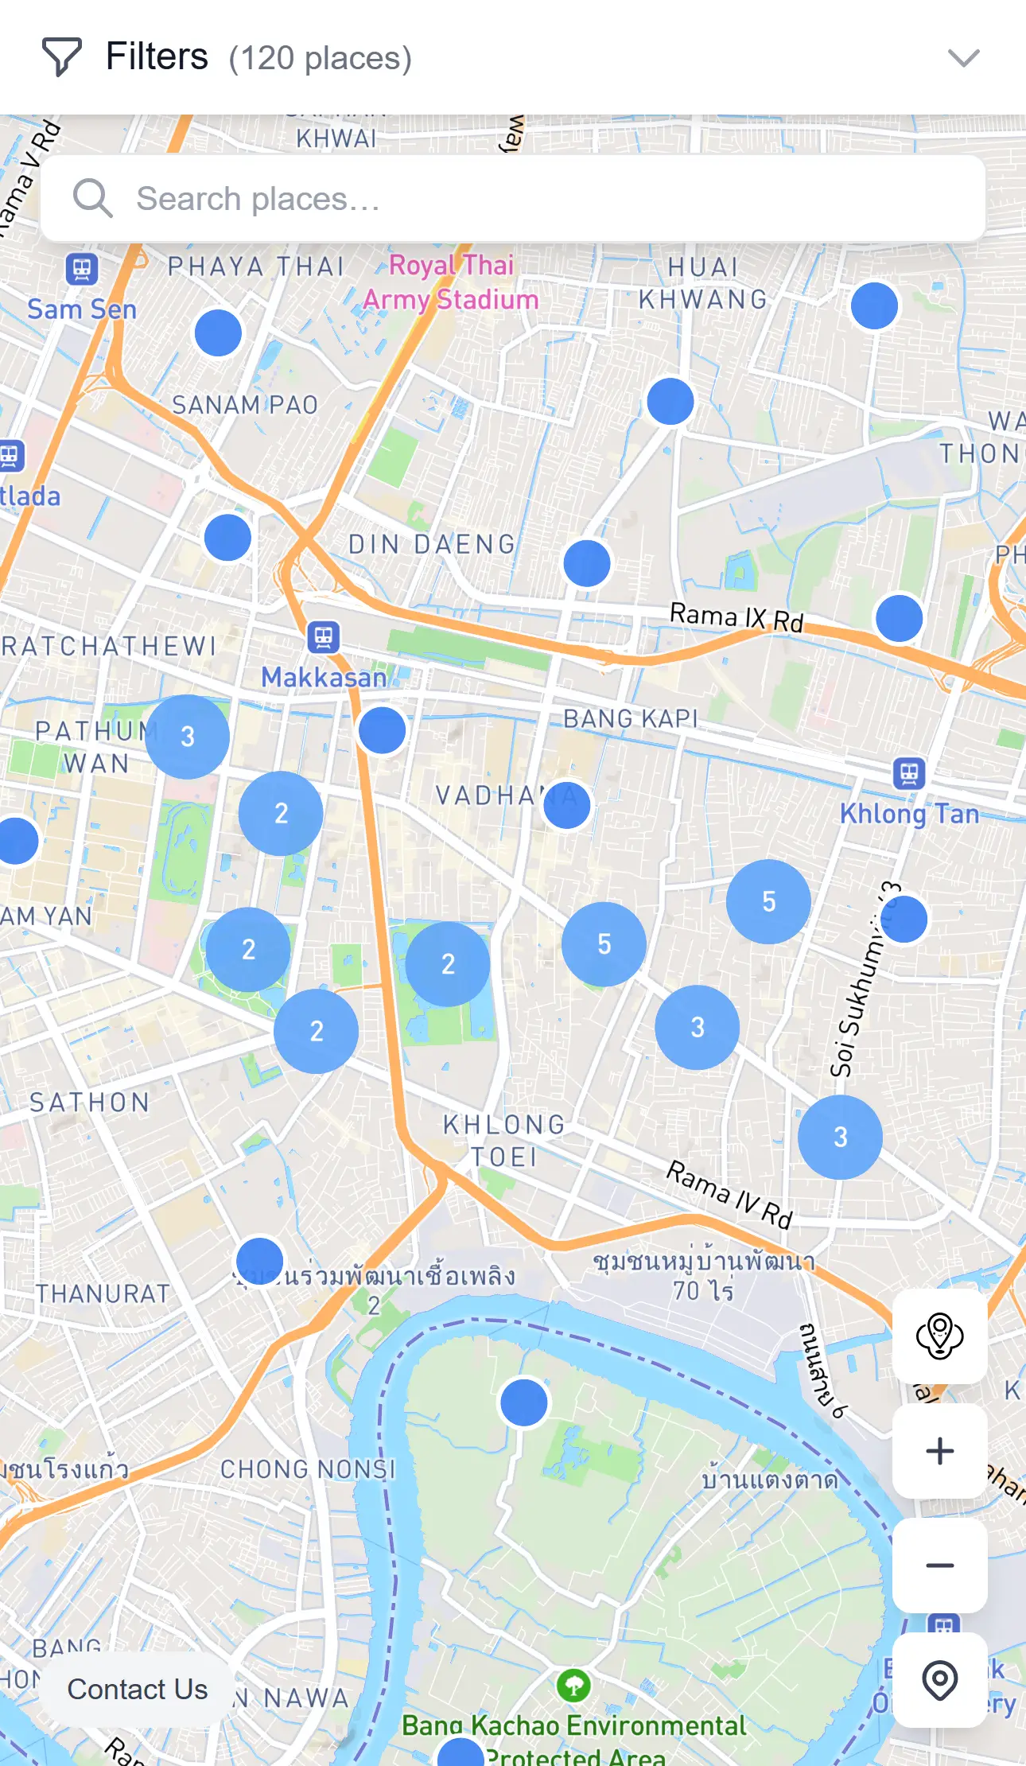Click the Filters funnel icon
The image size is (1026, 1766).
click(61, 57)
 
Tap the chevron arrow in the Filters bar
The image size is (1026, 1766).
click(963, 58)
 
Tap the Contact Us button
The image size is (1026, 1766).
click(137, 1689)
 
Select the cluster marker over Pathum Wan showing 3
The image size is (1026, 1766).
click(187, 737)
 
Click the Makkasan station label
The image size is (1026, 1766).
click(324, 677)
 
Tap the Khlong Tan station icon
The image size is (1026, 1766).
click(909, 772)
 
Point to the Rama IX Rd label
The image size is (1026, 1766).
click(736, 617)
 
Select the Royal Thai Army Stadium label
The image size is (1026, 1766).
click(451, 282)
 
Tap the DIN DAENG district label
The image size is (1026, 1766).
click(433, 545)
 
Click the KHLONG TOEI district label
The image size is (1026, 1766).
click(504, 1141)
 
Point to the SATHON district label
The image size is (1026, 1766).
click(90, 1103)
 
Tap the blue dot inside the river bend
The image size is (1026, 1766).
click(523, 1402)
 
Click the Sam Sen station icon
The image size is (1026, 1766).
click(82, 269)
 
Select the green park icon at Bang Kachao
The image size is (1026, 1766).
click(573, 1684)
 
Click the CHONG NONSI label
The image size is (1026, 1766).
click(308, 1469)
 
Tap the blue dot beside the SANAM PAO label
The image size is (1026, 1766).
click(218, 333)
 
